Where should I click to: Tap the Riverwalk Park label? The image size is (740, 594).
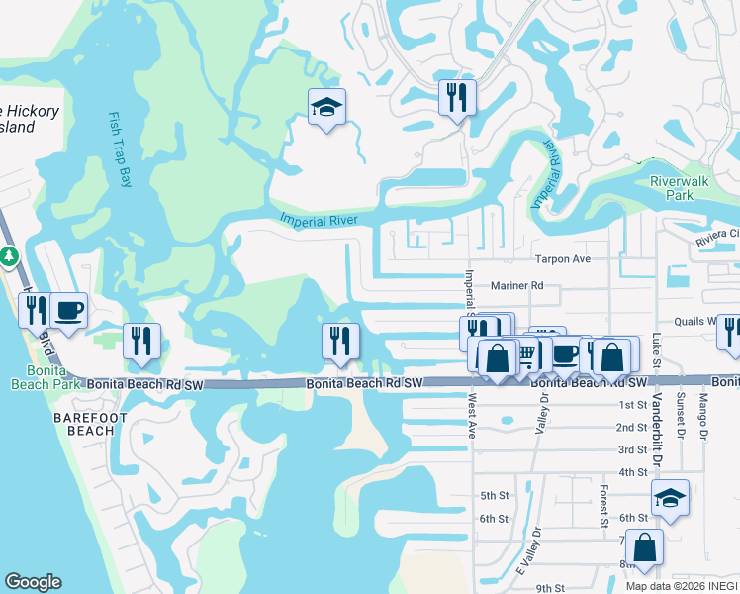point(679,188)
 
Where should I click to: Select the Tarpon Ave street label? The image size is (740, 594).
point(562,259)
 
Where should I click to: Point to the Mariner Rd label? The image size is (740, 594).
point(517,285)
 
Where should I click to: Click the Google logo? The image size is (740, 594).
point(34,582)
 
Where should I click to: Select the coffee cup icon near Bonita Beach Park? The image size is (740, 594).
point(68,310)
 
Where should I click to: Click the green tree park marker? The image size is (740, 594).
point(10,257)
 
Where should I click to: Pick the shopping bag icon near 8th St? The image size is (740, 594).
point(644,547)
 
